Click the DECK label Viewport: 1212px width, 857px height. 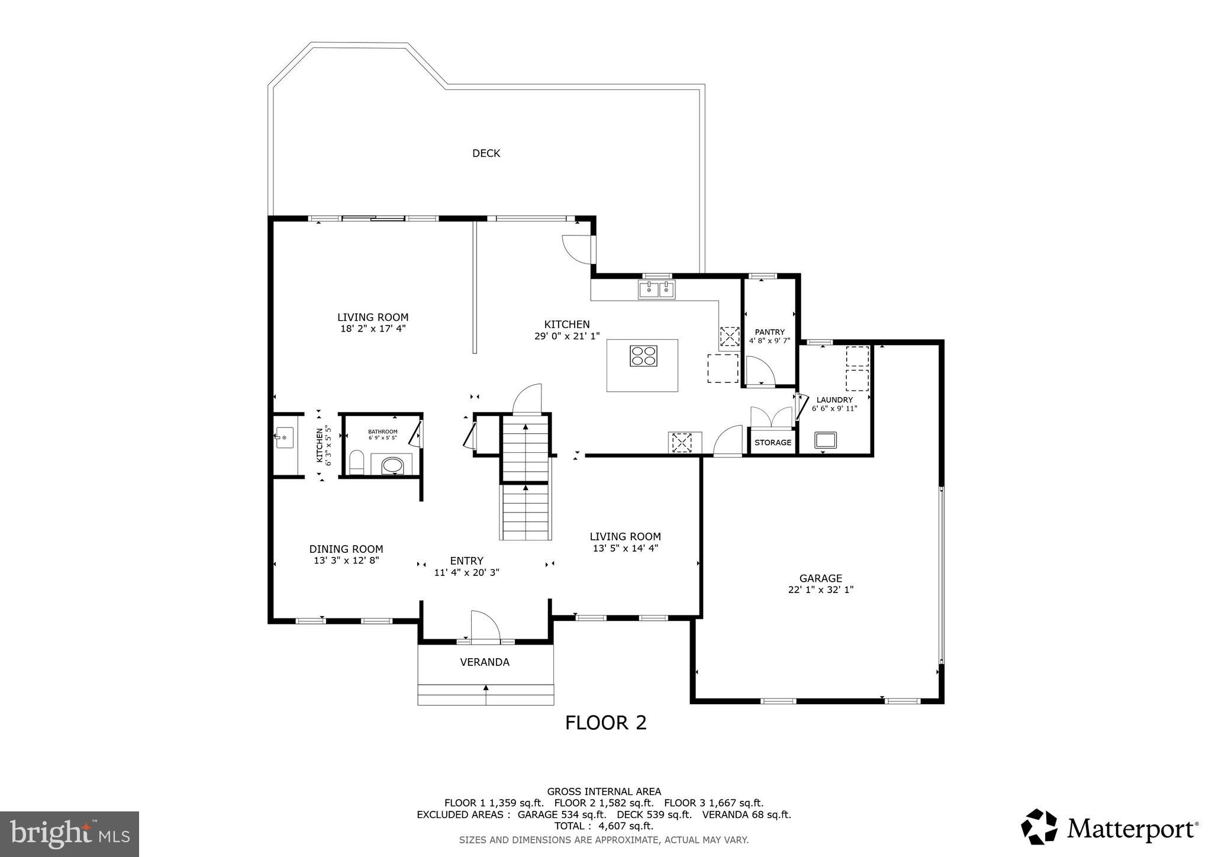(x=486, y=153)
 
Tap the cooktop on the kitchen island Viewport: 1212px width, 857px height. (x=643, y=356)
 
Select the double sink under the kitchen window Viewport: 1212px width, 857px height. (x=657, y=290)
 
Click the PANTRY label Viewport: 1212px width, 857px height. (x=769, y=332)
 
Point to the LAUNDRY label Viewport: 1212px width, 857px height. (x=834, y=400)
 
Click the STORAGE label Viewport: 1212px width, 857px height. (x=773, y=443)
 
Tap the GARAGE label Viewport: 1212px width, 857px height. (x=820, y=578)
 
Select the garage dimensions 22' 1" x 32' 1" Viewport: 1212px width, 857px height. (x=820, y=589)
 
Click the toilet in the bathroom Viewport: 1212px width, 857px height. (x=356, y=463)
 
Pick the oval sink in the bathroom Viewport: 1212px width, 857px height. (x=392, y=465)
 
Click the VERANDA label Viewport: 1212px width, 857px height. (x=485, y=662)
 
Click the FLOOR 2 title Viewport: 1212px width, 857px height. (x=605, y=723)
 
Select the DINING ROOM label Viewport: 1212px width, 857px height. (x=346, y=549)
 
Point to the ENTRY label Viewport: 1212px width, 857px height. (x=466, y=561)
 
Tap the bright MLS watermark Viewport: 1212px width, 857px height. (x=70, y=834)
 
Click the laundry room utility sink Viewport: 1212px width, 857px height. (x=825, y=440)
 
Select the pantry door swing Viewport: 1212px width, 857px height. (x=760, y=372)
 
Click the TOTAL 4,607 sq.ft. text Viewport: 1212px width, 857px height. (x=604, y=826)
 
